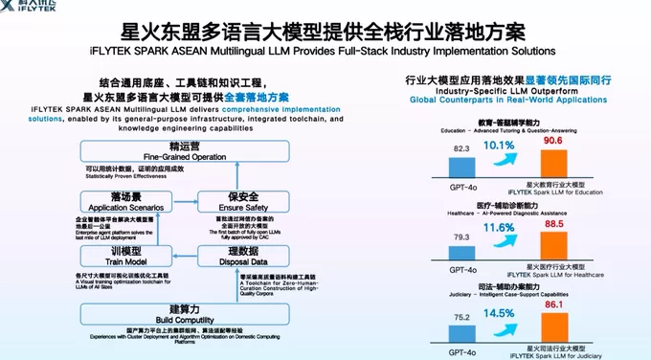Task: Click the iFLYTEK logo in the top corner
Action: [x=34, y=6]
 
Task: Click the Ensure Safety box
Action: [x=235, y=203]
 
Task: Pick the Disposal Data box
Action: [x=235, y=256]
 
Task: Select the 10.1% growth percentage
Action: [x=499, y=146]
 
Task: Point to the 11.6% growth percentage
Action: [x=499, y=229]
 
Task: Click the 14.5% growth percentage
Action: [x=499, y=314]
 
